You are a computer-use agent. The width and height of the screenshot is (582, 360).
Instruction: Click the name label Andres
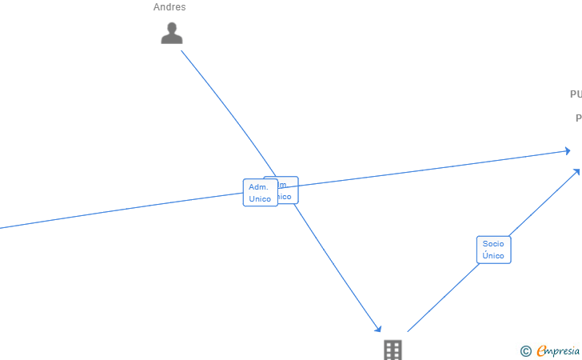pos(169,7)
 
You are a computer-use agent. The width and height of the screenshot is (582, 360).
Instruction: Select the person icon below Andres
pos(172,34)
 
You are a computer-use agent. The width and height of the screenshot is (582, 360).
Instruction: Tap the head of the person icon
pos(172,27)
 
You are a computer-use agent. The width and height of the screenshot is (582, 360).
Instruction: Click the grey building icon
pos(393,350)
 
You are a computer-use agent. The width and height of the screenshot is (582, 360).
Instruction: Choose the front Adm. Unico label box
pos(260,193)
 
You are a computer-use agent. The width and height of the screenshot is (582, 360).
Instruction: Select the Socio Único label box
pos(493,250)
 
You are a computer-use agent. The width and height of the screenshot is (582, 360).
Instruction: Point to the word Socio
pos(493,243)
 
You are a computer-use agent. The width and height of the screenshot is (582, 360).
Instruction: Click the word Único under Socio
pos(493,256)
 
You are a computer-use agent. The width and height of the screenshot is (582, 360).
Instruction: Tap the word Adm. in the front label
pos(258,186)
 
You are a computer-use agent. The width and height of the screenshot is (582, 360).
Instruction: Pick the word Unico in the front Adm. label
pos(260,198)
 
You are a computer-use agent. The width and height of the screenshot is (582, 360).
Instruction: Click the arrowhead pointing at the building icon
pos(378,329)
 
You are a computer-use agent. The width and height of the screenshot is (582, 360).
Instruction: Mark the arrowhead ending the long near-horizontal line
pos(568,150)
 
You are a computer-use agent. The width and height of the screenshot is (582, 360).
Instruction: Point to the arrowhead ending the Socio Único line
pos(577,170)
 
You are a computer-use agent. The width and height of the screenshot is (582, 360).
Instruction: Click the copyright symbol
pos(525,350)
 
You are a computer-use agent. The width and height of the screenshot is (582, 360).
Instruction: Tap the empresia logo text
pos(558,350)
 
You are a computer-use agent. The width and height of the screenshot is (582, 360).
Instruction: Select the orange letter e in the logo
pos(541,350)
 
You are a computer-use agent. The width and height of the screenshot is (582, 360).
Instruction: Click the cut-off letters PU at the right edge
pos(576,94)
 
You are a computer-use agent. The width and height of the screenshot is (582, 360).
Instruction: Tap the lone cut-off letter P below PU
pos(578,118)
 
